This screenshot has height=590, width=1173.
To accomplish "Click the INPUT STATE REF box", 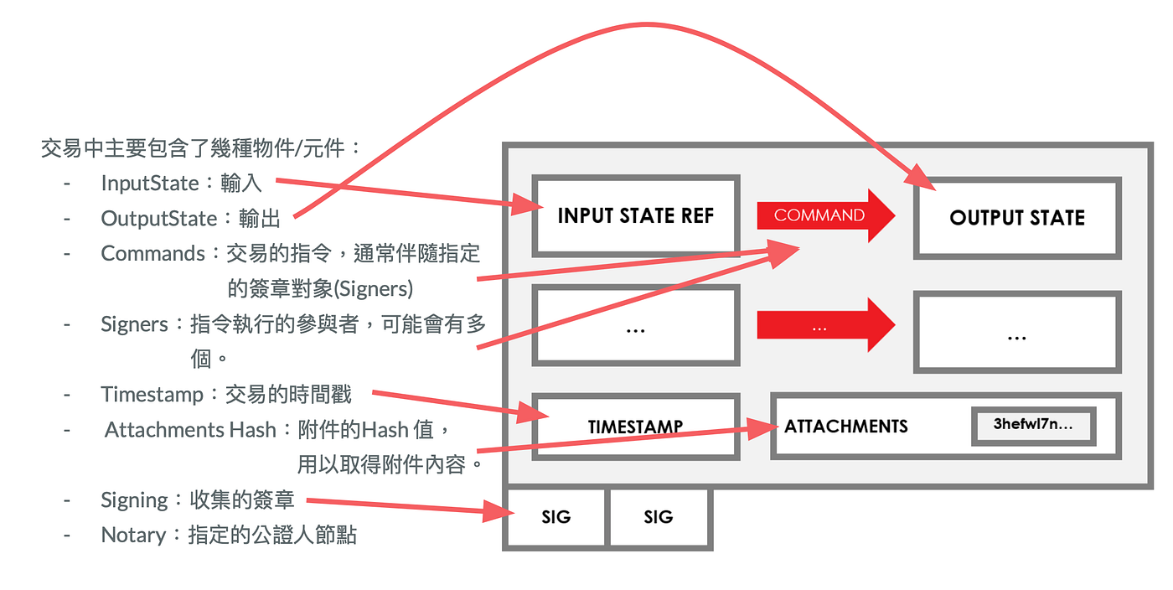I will click(x=635, y=215).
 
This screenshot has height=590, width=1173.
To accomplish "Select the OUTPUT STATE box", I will click(x=1016, y=218).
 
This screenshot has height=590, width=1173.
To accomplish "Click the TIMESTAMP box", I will click(x=635, y=427).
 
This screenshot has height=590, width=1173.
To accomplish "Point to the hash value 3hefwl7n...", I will click(x=1033, y=425).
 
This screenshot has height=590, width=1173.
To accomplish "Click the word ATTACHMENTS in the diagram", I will click(x=845, y=427).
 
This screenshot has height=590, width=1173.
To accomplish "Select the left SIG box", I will click(x=555, y=517).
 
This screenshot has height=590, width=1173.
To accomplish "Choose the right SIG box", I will click(x=658, y=517).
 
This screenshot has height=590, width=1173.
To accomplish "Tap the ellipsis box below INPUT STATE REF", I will click(x=635, y=327).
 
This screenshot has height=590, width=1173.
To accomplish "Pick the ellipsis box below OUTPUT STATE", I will click(x=1016, y=333).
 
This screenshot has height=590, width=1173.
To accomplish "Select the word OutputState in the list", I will click(x=158, y=219).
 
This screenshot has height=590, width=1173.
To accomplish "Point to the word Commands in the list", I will click(x=152, y=253).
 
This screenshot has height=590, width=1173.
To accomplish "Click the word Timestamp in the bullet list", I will click(x=152, y=394).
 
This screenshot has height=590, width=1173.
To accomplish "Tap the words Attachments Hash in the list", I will click(x=190, y=430).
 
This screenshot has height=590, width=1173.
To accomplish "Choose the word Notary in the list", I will click(x=132, y=535).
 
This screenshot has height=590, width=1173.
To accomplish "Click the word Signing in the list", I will click(x=134, y=500).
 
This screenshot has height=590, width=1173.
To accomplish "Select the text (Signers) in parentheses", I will click(x=373, y=288).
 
